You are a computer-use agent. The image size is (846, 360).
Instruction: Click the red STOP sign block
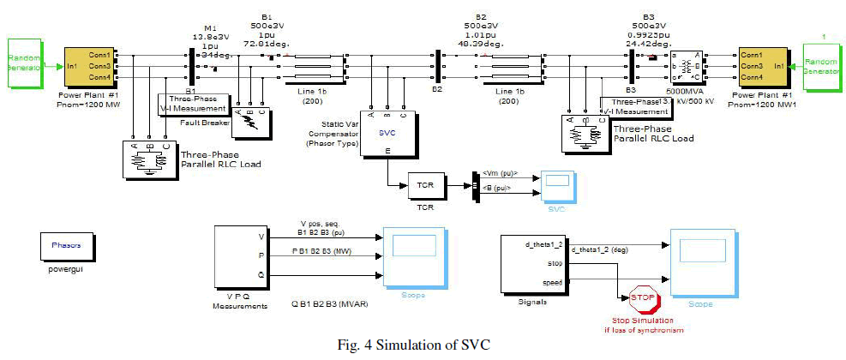coord(642,298)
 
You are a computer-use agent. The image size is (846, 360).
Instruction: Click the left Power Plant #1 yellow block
coord(90,62)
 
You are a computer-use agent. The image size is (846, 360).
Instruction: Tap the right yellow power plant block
coord(756,62)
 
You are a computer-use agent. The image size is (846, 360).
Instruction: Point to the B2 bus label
coord(436,89)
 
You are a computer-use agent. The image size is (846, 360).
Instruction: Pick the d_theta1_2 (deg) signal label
coord(603,249)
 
